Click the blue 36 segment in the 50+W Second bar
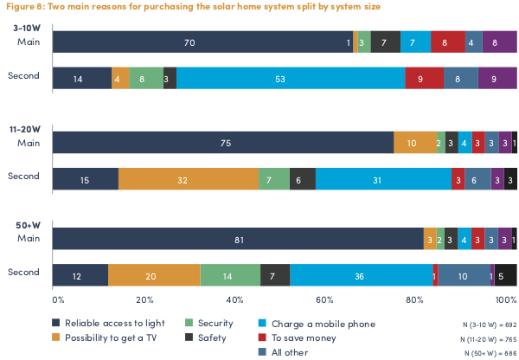361,274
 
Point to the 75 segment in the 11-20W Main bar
223,143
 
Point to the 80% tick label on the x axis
417,299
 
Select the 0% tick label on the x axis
58,299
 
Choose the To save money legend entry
304,337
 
